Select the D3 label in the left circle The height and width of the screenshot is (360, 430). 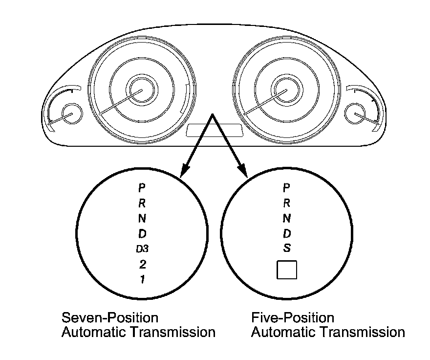(142, 249)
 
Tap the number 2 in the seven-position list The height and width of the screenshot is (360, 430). (142, 265)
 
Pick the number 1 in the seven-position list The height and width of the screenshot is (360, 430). (142, 280)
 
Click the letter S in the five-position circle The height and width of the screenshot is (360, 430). (287, 248)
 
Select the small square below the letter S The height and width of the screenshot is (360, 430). (287, 270)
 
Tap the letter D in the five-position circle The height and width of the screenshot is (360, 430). (287, 233)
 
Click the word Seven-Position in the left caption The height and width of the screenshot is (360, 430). (110, 318)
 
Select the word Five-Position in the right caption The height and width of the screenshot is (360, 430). (293, 318)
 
